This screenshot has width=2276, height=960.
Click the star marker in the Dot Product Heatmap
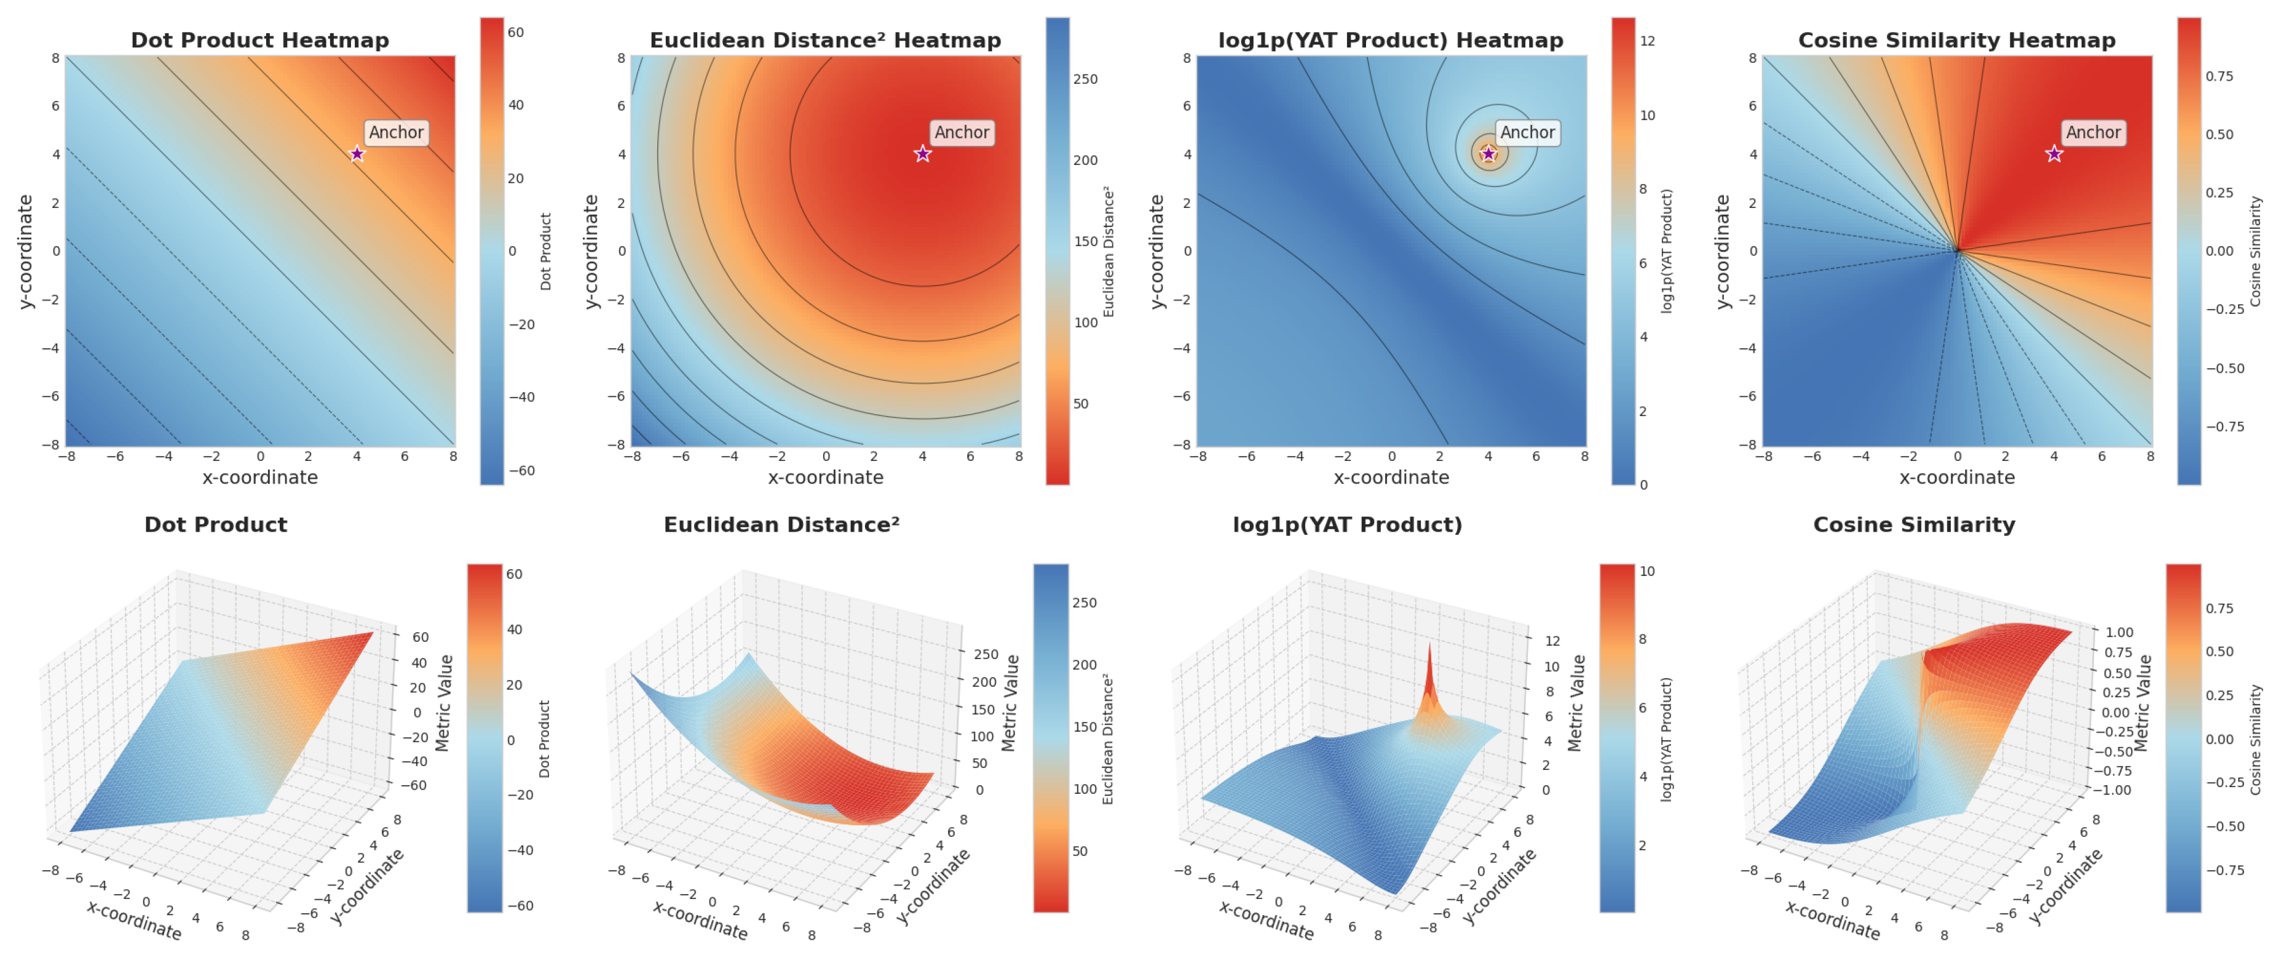pos(357,154)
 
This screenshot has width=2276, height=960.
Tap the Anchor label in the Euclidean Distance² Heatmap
pos(962,132)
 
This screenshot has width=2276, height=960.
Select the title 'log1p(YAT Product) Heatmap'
pos(1390,40)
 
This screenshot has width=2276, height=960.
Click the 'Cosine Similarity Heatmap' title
pos(1956,40)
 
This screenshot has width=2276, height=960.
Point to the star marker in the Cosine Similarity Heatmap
pos(2054,154)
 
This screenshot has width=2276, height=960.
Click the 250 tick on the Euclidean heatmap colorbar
pos(1085,79)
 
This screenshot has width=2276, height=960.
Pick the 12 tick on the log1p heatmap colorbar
pos(1647,41)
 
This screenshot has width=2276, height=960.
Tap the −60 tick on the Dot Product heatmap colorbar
pos(521,470)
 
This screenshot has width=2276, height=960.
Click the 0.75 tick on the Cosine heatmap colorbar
pos(2219,76)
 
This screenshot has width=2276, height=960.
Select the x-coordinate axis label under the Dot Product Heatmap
pos(260,478)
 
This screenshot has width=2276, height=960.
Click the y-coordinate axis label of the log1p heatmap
pos(1156,251)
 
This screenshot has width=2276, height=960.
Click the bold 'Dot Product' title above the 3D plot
pos(216,524)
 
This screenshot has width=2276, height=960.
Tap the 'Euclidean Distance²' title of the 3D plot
pos(781,524)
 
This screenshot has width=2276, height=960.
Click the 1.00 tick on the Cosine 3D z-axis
pos(2119,632)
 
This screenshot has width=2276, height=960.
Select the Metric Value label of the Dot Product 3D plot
pos(445,703)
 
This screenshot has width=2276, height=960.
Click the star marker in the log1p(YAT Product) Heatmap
pos(1489,154)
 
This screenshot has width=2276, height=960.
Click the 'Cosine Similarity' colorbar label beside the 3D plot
pos(2256,739)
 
